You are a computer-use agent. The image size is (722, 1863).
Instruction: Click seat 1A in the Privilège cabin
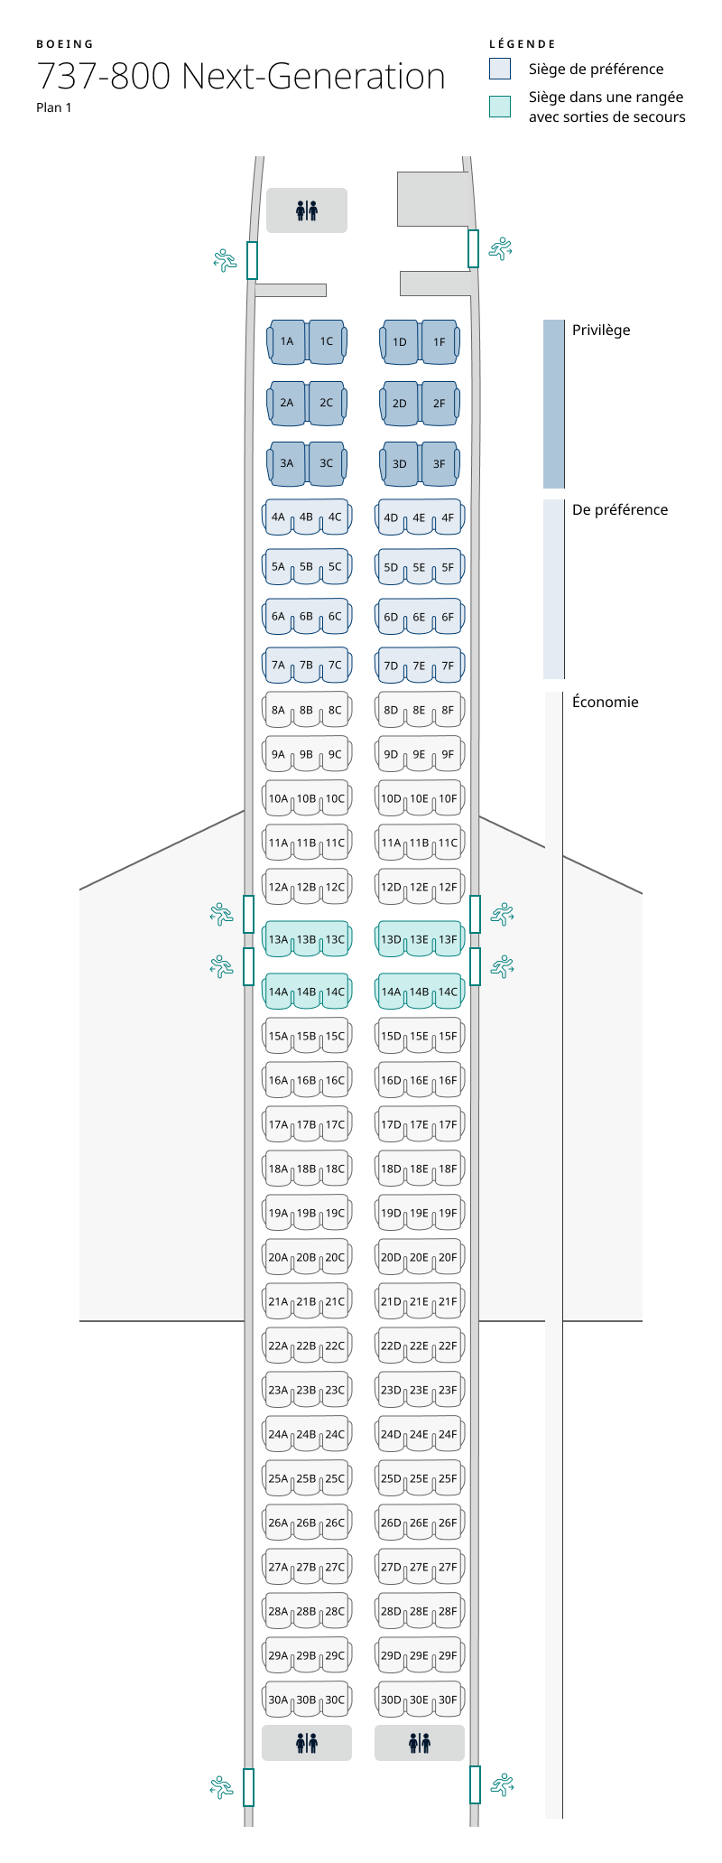click(287, 341)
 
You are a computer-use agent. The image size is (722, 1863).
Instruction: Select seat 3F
click(439, 463)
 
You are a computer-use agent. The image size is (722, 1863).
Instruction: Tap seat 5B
click(307, 567)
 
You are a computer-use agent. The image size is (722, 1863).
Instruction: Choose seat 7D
click(391, 666)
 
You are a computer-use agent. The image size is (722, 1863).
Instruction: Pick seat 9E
click(420, 754)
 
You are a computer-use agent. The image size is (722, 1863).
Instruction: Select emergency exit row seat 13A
click(278, 939)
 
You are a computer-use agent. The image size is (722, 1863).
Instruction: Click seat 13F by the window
click(449, 939)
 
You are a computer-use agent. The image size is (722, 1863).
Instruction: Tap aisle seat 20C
click(335, 1257)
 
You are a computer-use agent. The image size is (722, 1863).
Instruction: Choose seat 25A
click(278, 1478)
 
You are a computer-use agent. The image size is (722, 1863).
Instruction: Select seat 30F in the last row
click(449, 1700)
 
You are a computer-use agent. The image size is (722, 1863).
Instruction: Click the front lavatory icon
click(307, 210)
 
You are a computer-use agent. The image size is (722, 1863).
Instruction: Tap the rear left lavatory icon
click(307, 1743)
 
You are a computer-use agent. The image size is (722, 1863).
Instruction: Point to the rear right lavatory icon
click(420, 1743)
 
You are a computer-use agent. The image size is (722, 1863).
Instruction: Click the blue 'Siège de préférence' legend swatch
click(500, 69)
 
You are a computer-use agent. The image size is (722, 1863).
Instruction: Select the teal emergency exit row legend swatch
click(500, 107)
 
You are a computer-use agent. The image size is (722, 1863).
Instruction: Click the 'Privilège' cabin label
click(601, 330)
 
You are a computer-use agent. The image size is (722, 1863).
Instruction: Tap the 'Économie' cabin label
click(605, 702)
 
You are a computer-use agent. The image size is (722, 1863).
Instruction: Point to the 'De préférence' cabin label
click(620, 509)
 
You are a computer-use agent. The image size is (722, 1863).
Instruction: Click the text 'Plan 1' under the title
click(54, 107)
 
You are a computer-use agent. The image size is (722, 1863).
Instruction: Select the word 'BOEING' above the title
click(65, 43)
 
